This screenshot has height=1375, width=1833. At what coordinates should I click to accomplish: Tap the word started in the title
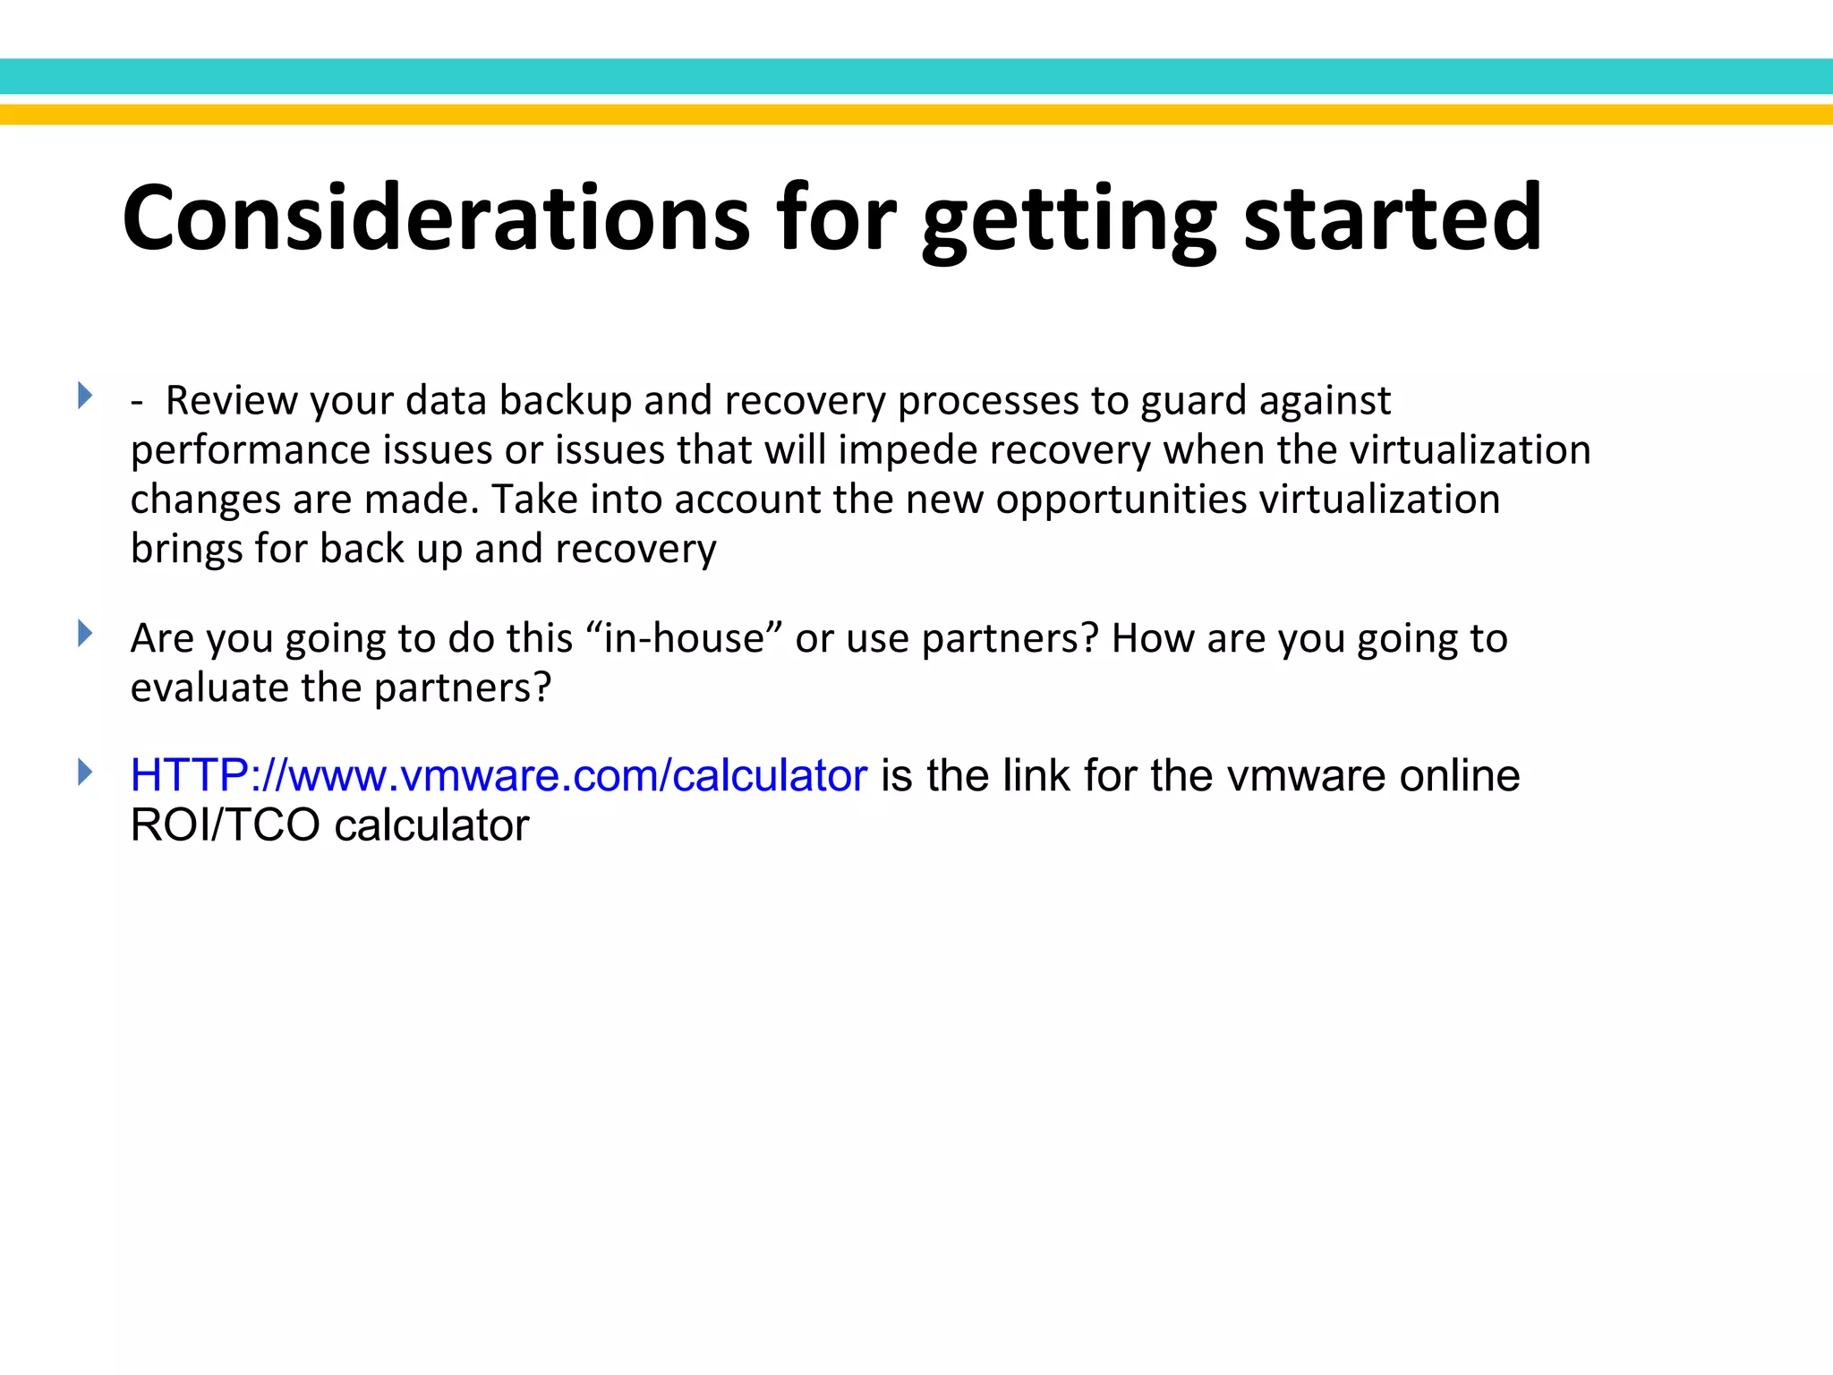[x=1393, y=218]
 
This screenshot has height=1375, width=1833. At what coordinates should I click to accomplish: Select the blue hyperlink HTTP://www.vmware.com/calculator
[x=499, y=775]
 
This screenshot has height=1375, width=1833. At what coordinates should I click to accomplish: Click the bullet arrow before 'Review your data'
[x=85, y=395]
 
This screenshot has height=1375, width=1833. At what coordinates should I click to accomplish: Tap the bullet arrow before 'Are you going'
[x=85, y=634]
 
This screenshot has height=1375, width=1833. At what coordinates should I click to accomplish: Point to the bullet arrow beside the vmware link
[x=85, y=772]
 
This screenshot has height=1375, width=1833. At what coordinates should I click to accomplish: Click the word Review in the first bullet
[x=231, y=400]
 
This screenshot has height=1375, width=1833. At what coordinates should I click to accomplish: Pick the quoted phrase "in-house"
[x=684, y=638]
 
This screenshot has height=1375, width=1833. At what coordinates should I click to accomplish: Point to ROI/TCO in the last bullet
[x=225, y=825]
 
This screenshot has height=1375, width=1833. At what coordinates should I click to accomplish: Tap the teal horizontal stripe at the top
[x=916, y=76]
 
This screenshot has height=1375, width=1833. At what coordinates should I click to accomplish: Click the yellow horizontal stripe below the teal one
[x=916, y=115]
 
